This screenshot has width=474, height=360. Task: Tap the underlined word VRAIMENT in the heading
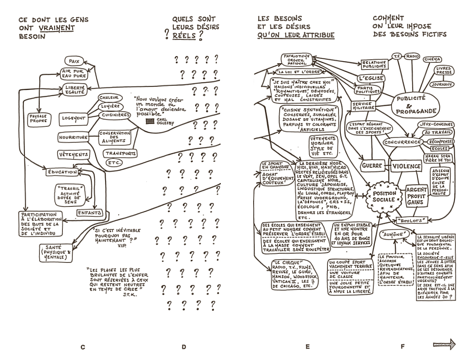60,28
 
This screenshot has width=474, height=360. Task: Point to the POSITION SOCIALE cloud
384,196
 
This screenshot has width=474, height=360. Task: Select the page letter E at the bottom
307,347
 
